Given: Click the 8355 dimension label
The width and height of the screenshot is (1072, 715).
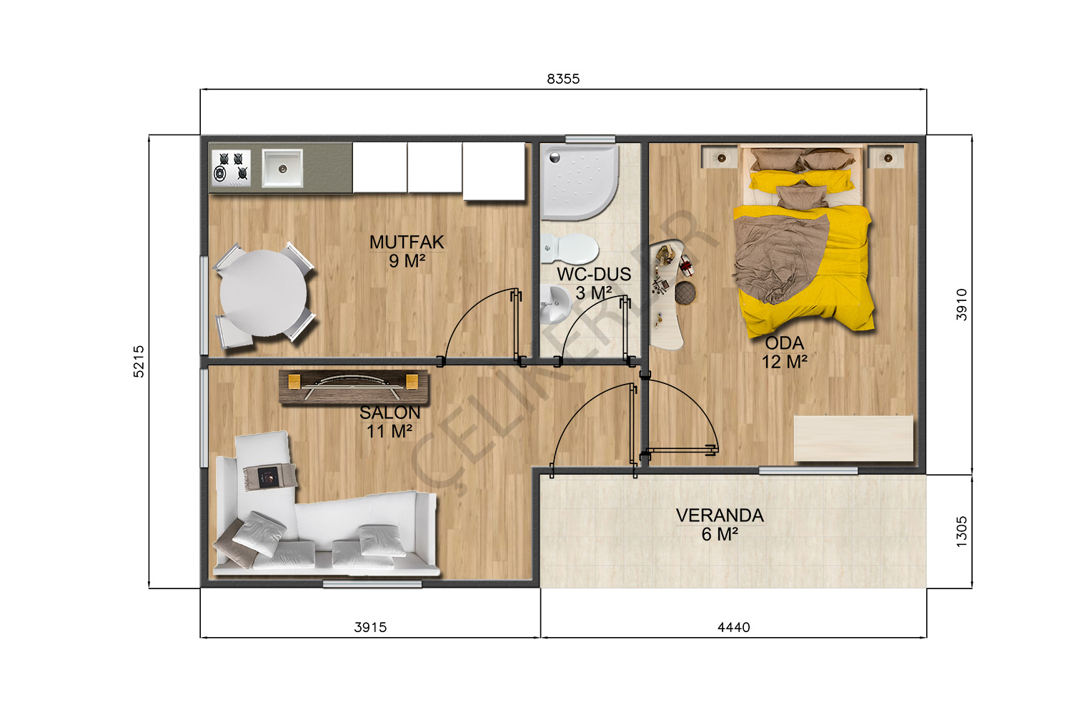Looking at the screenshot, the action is (563, 79).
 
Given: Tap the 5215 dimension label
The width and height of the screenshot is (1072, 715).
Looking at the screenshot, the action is (139, 362).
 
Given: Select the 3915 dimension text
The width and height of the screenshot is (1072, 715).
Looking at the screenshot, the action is (370, 627).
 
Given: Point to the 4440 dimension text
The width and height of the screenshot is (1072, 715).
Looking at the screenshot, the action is (734, 627).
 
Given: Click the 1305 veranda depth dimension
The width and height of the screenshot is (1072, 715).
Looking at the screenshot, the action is (961, 531).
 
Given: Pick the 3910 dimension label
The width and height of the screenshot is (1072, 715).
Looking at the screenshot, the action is (961, 305).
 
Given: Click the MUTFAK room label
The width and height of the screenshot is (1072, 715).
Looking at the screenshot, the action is (407, 242).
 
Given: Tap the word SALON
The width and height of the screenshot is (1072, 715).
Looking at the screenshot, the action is (390, 413).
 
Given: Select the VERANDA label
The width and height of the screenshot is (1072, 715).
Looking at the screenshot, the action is (720, 516).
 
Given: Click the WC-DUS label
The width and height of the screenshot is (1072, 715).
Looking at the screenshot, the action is (594, 275).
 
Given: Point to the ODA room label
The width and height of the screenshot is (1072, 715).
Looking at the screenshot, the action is (785, 343).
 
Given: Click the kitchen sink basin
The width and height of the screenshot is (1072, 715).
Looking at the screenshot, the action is (282, 168).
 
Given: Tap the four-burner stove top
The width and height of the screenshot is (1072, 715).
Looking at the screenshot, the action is (231, 167).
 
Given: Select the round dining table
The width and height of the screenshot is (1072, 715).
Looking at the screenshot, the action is (263, 292).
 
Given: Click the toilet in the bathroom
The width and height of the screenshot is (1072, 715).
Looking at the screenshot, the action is (570, 249).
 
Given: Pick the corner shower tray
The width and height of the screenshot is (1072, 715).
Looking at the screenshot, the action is (579, 182).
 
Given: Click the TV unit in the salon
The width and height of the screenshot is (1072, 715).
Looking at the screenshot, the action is (353, 387).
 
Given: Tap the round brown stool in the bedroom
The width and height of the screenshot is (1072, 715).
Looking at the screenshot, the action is (685, 292).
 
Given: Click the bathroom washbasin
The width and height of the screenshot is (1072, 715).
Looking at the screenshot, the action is (555, 304).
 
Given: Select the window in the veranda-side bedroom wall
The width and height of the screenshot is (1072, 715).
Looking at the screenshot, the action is (808, 471).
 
